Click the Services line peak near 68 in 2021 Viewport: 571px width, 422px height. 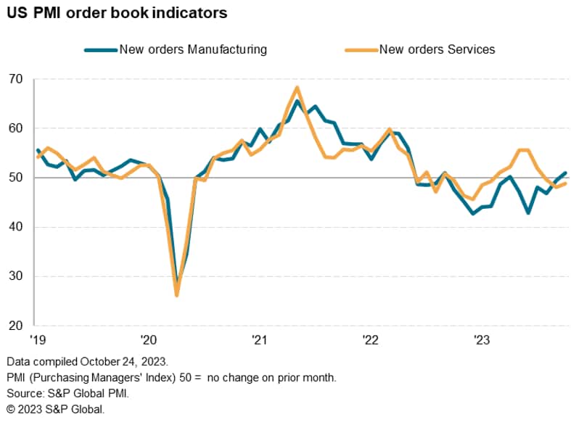click(x=297, y=88)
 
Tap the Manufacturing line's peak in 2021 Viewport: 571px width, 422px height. click(x=297, y=101)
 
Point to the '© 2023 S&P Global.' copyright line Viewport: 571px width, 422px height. click(x=55, y=410)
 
